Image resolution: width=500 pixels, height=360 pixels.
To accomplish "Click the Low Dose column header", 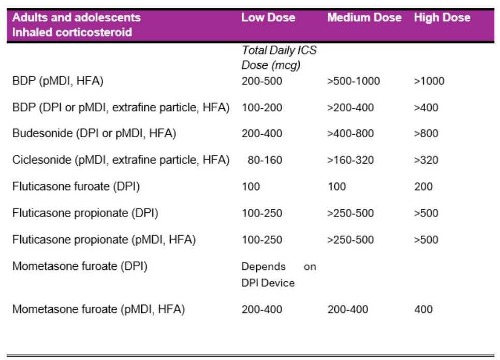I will (268, 18).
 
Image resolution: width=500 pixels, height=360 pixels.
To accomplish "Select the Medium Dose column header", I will (364, 18).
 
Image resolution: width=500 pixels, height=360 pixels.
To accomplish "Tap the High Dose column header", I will (442, 18).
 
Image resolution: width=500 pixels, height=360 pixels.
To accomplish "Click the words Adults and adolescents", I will (77, 18).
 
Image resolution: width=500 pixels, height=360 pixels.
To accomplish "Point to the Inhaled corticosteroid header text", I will (72, 32).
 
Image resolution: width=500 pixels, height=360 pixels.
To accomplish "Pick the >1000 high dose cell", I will (429, 81).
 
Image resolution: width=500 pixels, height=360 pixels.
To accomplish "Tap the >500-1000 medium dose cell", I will (354, 81).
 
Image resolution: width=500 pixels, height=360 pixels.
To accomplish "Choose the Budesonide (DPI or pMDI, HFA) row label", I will (94, 134).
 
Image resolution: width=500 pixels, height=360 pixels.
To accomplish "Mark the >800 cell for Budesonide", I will (426, 134).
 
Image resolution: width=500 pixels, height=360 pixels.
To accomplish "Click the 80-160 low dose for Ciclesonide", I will (265, 160).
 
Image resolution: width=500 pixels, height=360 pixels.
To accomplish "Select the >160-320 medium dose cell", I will (350, 160).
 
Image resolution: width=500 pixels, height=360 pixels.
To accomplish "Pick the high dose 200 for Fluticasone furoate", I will (423, 186).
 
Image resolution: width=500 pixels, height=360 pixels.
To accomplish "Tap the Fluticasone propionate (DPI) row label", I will (85, 213).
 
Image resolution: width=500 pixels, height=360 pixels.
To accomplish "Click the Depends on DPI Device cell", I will (278, 275).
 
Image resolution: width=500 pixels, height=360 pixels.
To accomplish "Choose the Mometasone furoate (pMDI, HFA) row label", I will (99, 310).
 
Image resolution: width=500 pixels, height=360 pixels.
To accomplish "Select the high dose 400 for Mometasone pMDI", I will (423, 310).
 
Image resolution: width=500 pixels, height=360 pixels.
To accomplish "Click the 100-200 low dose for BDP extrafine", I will (262, 108).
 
